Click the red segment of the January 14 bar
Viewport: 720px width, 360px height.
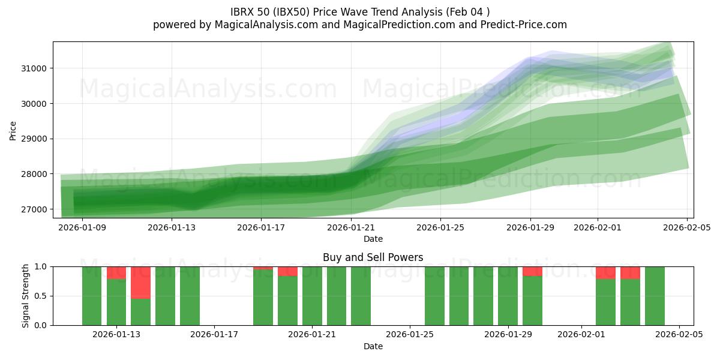pyautogui.click(x=140, y=282)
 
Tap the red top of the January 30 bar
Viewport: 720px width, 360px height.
pyautogui.click(x=532, y=271)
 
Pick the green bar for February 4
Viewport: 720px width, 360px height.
pyautogui.click(x=655, y=296)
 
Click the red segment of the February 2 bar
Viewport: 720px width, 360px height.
pyautogui.click(x=605, y=273)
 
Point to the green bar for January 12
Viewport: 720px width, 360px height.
pyautogui.click(x=92, y=296)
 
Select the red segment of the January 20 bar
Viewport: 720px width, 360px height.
pyautogui.click(x=287, y=271)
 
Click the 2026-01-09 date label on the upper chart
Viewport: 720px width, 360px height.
pyautogui.click(x=82, y=227)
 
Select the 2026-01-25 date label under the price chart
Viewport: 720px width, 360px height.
pyautogui.click(x=441, y=227)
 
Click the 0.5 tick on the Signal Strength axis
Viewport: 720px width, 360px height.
pyautogui.click(x=41, y=296)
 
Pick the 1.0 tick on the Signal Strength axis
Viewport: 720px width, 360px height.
pyautogui.click(x=41, y=266)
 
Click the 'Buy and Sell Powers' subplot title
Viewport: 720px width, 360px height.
pyautogui.click(x=373, y=257)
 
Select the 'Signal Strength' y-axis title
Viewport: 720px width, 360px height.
pyautogui.click(x=26, y=296)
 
